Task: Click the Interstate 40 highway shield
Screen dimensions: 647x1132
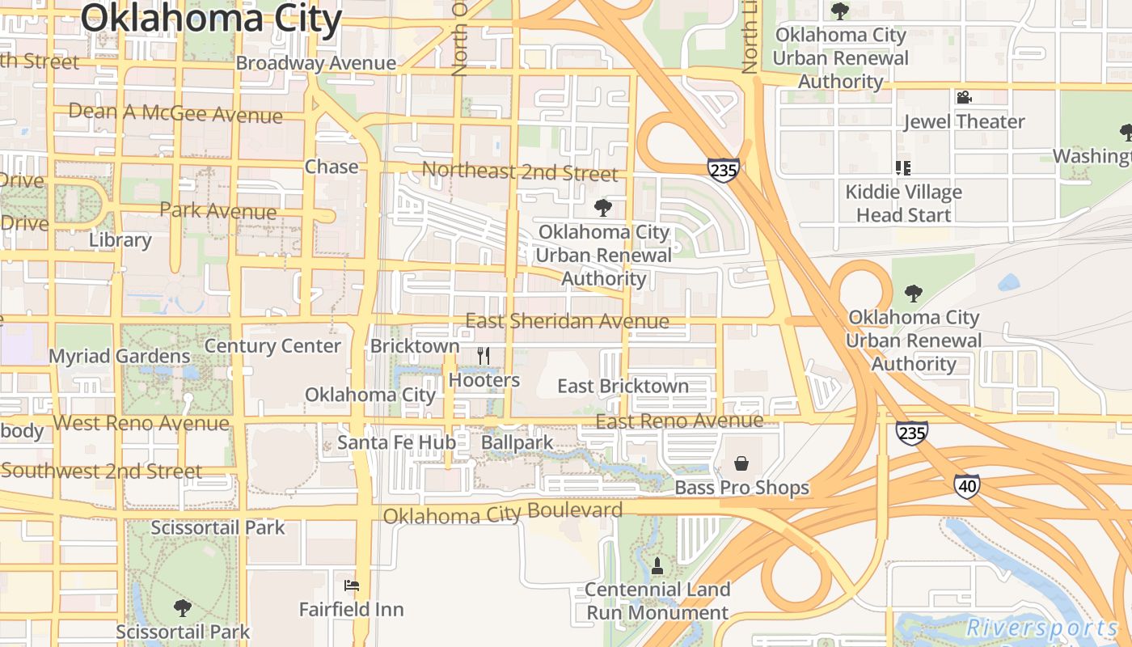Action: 966,486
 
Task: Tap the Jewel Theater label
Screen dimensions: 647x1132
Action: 964,122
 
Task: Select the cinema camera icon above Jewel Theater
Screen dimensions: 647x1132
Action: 963,98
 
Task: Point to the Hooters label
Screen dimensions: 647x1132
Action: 484,380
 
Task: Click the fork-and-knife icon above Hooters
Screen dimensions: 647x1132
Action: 484,355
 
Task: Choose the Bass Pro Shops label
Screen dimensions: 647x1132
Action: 741,488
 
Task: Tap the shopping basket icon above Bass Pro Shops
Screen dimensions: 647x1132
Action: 741,463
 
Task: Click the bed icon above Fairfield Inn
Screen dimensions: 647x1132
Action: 351,586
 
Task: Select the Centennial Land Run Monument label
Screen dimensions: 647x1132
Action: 657,601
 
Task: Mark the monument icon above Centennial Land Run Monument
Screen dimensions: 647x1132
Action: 657,565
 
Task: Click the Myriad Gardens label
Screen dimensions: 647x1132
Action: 120,357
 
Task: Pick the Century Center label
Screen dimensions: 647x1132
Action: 272,346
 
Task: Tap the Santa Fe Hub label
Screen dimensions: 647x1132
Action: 396,442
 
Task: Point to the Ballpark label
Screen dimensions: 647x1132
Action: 517,442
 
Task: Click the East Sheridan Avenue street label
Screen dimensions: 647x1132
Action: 567,321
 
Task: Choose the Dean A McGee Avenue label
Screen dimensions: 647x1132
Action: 175,113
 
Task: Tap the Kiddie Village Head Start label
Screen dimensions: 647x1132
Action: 903,204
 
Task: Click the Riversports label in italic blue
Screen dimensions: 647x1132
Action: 1042,628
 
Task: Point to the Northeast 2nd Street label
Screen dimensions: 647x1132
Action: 520,172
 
